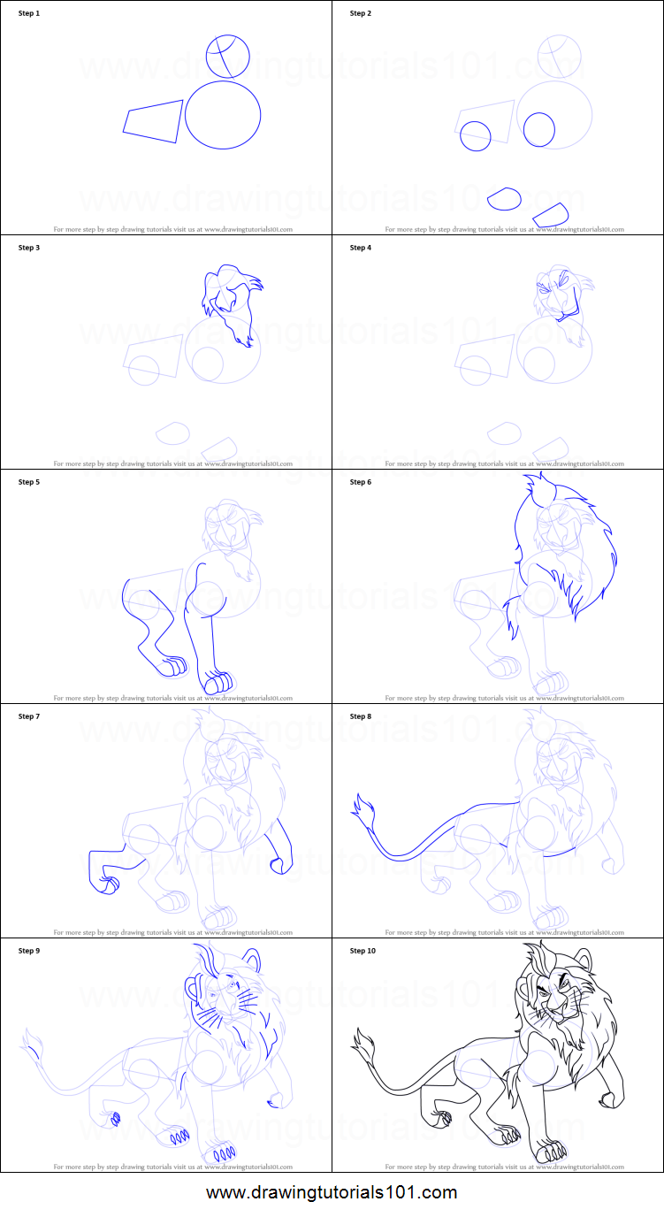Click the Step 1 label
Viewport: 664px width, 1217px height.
29,13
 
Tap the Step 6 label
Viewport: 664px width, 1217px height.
361,482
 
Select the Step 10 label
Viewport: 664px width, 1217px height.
363,951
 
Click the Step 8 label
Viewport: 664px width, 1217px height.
361,716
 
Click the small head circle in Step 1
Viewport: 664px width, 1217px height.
228,57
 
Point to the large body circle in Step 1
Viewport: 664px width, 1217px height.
223,115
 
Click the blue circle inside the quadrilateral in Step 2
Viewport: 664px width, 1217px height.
476,136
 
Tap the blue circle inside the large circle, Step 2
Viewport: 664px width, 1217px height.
538,130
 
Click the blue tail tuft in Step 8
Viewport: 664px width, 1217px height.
361,806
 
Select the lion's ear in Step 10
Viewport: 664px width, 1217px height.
583,957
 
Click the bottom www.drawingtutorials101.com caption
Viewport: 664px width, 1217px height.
332,1192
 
